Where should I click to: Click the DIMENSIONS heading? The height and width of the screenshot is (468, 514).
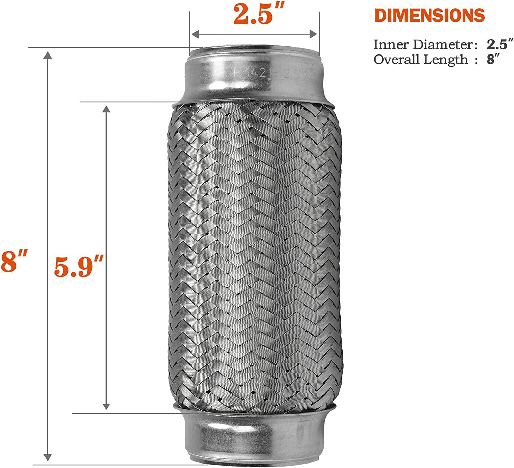pos(430,16)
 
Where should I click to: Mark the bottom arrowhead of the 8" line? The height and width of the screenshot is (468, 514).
pos(48,457)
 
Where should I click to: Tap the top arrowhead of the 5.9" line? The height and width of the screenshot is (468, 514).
pos(106,109)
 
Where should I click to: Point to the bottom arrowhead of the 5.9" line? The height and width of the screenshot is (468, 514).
pos(106,406)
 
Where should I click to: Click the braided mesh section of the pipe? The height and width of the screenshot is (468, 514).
pos(254,252)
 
